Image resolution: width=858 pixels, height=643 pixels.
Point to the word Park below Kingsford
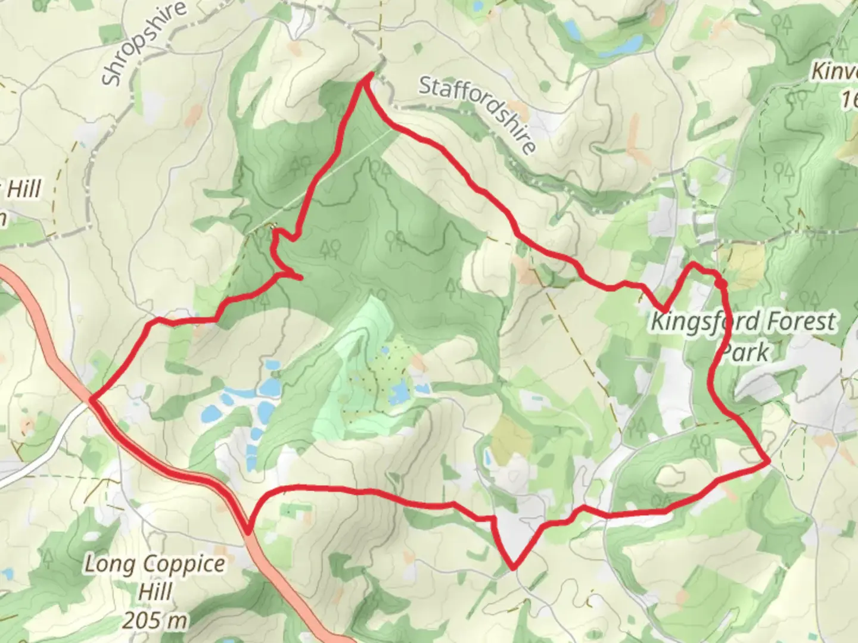(745, 352)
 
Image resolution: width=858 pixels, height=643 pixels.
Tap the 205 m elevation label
(155, 621)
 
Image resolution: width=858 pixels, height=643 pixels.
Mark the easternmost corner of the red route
(769, 461)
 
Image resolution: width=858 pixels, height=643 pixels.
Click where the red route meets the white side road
(92, 400)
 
